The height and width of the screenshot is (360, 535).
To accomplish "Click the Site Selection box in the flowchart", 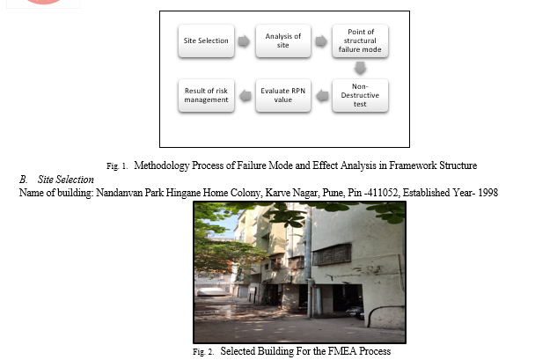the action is [206, 40].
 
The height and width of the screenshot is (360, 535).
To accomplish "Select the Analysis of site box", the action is [283, 40].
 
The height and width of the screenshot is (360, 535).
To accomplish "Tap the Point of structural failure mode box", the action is [360, 40].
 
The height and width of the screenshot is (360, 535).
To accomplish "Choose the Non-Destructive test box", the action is [360, 95].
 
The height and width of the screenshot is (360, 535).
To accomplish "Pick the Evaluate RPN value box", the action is [283, 95].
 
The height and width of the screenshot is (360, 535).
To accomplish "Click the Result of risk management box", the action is [206, 95].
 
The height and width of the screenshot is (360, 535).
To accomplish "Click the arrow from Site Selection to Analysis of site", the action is [244, 41].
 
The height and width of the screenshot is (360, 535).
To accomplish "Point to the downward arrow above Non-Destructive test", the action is [360, 68].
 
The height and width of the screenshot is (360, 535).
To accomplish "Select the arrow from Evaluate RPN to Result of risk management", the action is [246, 96].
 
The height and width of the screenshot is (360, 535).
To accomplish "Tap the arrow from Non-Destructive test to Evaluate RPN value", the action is [322, 96].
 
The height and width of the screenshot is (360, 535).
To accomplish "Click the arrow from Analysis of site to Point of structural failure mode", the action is [321, 41].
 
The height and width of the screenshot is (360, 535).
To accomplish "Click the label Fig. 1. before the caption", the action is [117, 166].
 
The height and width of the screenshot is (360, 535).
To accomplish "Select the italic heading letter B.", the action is [23, 180].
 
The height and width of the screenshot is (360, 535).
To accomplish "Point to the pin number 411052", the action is [382, 193].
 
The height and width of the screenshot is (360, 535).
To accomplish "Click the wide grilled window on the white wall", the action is [332, 254].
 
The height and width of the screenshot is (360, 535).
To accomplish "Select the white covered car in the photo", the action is [211, 291].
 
